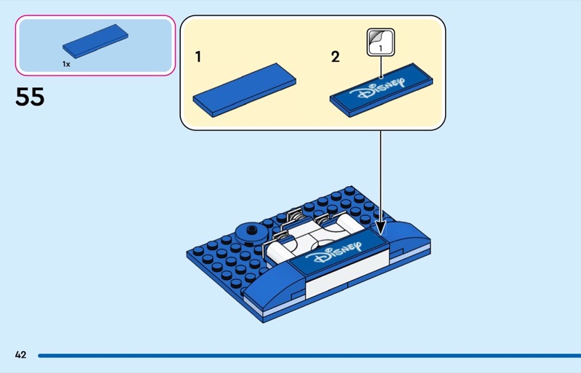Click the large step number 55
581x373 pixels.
[30, 97]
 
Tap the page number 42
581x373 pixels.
[20, 355]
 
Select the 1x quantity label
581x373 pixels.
[66, 64]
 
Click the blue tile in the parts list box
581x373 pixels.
[95, 41]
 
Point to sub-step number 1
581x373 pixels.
[198, 56]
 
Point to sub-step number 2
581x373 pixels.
[335, 56]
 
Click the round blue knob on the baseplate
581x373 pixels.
[253, 232]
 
